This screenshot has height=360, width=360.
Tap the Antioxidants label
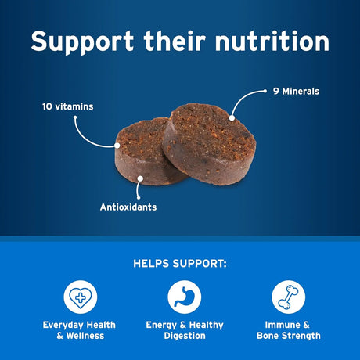tap(128, 207)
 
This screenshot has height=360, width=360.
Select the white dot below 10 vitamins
tap(75, 119)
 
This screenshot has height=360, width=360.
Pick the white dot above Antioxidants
tap(140, 179)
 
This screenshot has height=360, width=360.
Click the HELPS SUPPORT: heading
tap(179, 264)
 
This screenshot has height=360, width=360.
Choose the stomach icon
tap(185, 297)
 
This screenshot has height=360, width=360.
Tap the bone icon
tap(288, 297)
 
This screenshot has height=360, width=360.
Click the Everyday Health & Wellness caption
tap(78, 330)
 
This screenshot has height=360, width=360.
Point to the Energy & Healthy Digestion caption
tap(185, 330)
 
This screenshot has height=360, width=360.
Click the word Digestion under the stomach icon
tap(185, 336)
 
